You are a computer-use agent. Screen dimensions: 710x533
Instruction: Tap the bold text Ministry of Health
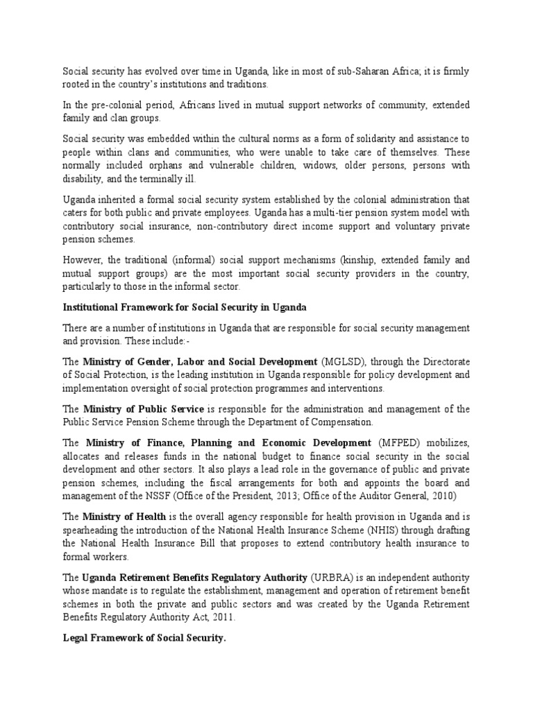pos(124,516)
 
